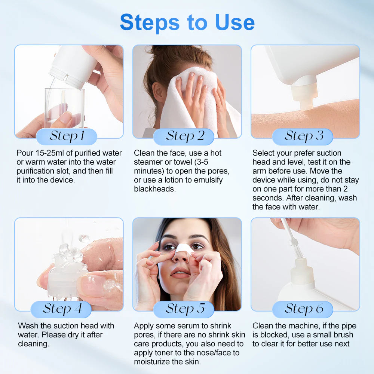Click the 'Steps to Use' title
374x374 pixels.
187,22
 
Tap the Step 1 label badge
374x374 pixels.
67,137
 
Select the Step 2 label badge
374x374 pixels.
184,137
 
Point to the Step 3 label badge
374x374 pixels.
303,137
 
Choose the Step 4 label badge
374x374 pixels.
61,309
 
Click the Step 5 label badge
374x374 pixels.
184,309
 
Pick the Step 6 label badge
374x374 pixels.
303,309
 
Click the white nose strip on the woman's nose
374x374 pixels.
183,251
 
